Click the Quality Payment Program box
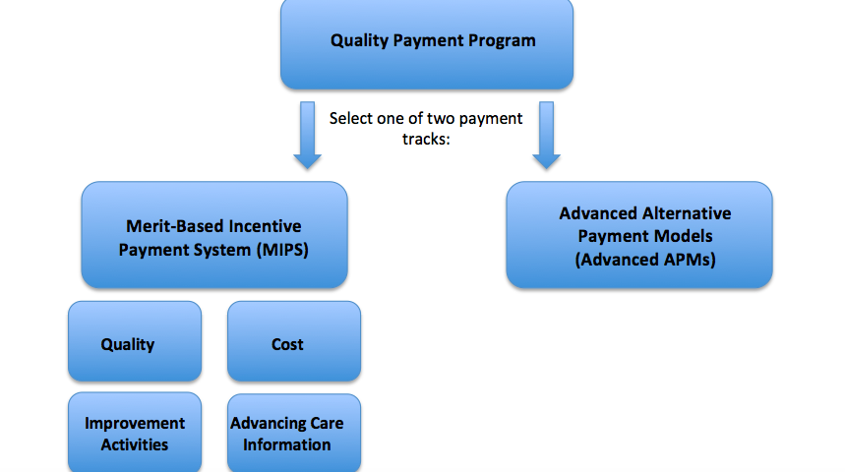427,44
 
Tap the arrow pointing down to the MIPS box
307,136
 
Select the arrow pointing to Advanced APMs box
547,136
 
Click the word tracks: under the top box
426,139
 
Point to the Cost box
294,341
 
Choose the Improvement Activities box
135,432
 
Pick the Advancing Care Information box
294,433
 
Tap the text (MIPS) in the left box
282,250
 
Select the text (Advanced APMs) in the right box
645,260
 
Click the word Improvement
135,424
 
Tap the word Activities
135,445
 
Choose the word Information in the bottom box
286,445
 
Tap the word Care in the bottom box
328,424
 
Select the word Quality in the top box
359,41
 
